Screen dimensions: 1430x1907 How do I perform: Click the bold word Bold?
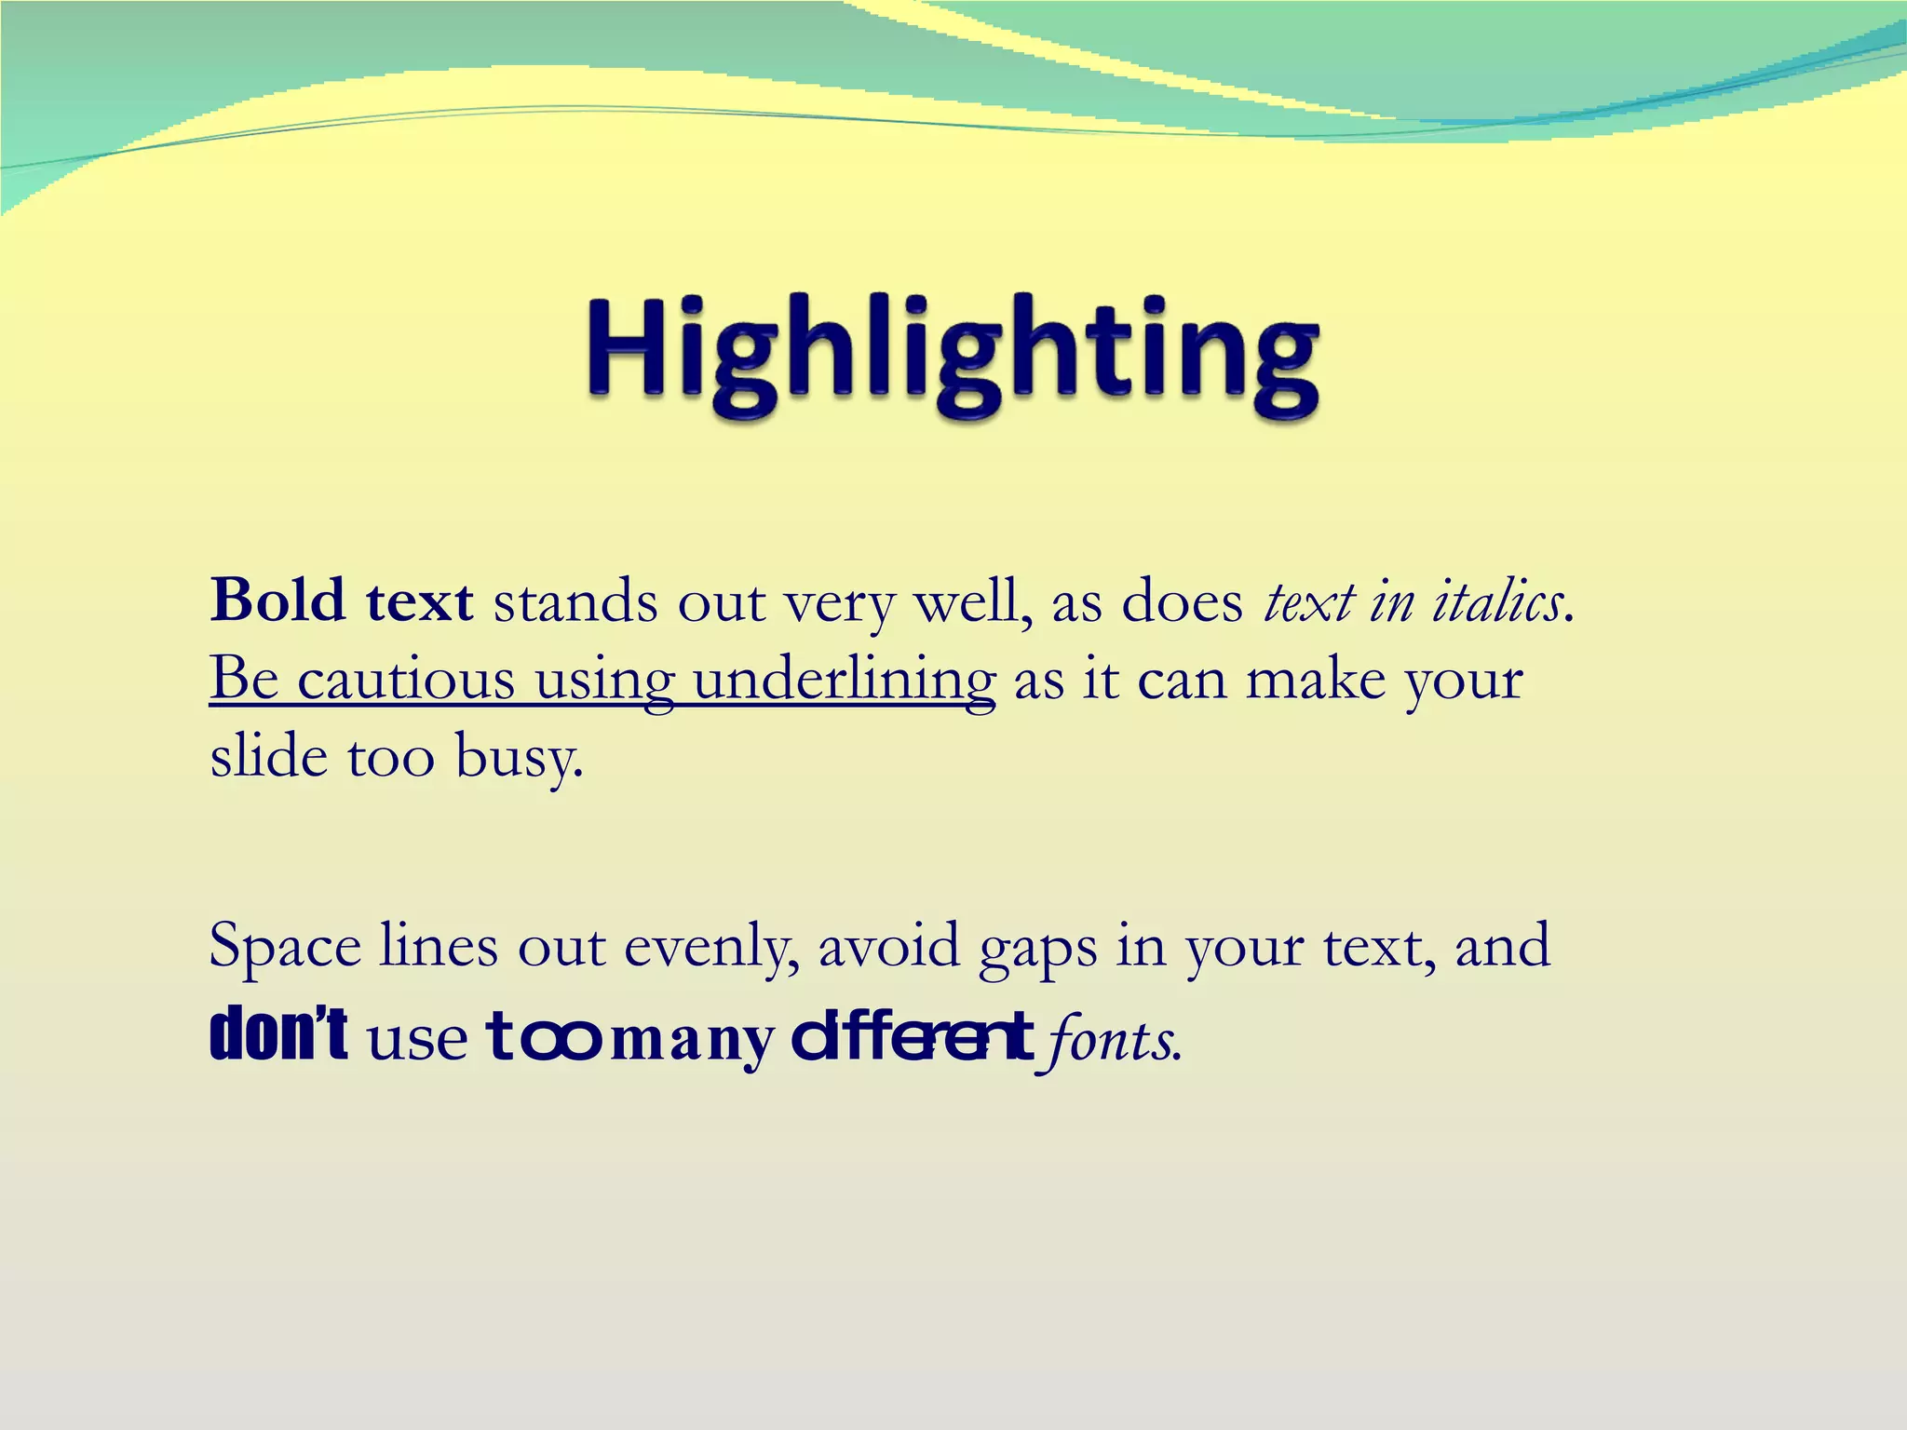tap(277, 600)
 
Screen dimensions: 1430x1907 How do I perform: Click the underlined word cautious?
tap(406, 679)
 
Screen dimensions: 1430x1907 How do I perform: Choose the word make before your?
tap(1316, 679)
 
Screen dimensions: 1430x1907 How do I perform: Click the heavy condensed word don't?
tap(279, 1035)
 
